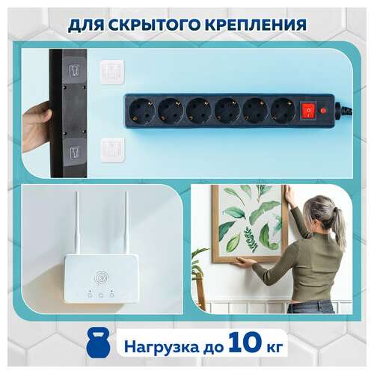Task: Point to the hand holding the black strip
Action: coord(36,123)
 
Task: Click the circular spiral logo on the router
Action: coord(100,279)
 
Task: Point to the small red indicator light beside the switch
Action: coord(323,111)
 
